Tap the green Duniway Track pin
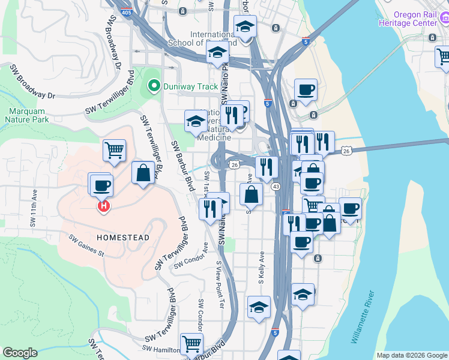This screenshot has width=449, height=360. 154,86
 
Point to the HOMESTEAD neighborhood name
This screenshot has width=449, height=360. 123,238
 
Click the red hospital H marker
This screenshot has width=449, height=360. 104,206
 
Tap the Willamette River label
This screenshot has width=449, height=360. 363,317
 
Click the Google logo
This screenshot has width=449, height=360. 20,353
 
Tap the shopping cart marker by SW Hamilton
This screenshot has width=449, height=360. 191,344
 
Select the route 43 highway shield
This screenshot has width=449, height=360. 276,187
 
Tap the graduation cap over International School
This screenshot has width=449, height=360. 245,26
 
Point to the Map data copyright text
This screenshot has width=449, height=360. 412,355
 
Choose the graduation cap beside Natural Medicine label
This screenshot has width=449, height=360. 195,122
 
